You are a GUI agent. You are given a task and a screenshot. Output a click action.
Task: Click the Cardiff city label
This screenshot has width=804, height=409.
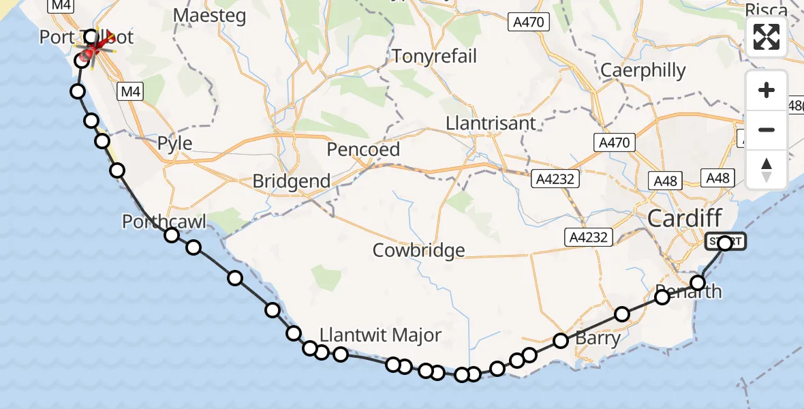pos(685,219)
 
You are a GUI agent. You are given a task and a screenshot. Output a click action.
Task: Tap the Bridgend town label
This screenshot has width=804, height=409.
pos(291,181)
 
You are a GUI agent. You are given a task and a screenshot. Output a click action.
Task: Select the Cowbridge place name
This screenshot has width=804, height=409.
pos(418,250)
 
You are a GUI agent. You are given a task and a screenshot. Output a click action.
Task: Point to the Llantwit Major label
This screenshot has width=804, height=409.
pos(381,335)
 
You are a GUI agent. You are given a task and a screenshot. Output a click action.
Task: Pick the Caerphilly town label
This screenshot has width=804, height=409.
pos(643,70)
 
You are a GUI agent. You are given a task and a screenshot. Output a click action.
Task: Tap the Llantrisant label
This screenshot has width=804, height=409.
pos(491,124)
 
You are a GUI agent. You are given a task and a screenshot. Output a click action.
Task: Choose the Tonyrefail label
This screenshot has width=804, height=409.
pos(434,56)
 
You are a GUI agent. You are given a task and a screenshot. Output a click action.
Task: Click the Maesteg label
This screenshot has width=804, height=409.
pos(209,16)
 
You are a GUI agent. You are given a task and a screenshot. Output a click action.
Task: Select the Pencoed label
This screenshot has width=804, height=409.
pos(363,149)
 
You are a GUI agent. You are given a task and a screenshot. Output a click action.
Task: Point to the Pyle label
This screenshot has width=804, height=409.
pos(174,144)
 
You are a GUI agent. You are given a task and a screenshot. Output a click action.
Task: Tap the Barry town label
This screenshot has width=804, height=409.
pos(598,338)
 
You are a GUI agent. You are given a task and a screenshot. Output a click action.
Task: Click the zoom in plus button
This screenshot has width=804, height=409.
pos(767,90)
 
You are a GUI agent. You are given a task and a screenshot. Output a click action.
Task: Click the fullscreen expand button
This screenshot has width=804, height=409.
pos(767,37)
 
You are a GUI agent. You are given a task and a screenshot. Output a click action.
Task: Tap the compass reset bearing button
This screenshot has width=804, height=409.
pos(767,170)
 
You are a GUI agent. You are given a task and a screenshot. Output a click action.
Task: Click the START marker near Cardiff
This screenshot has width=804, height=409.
pos(725,242)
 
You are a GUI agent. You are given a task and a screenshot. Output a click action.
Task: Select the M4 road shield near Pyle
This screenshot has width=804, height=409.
pos(129,91)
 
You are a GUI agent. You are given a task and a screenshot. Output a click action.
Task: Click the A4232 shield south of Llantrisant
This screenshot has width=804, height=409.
pos(555,179)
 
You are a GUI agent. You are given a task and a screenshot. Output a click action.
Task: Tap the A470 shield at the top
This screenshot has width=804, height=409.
pos(529,22)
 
